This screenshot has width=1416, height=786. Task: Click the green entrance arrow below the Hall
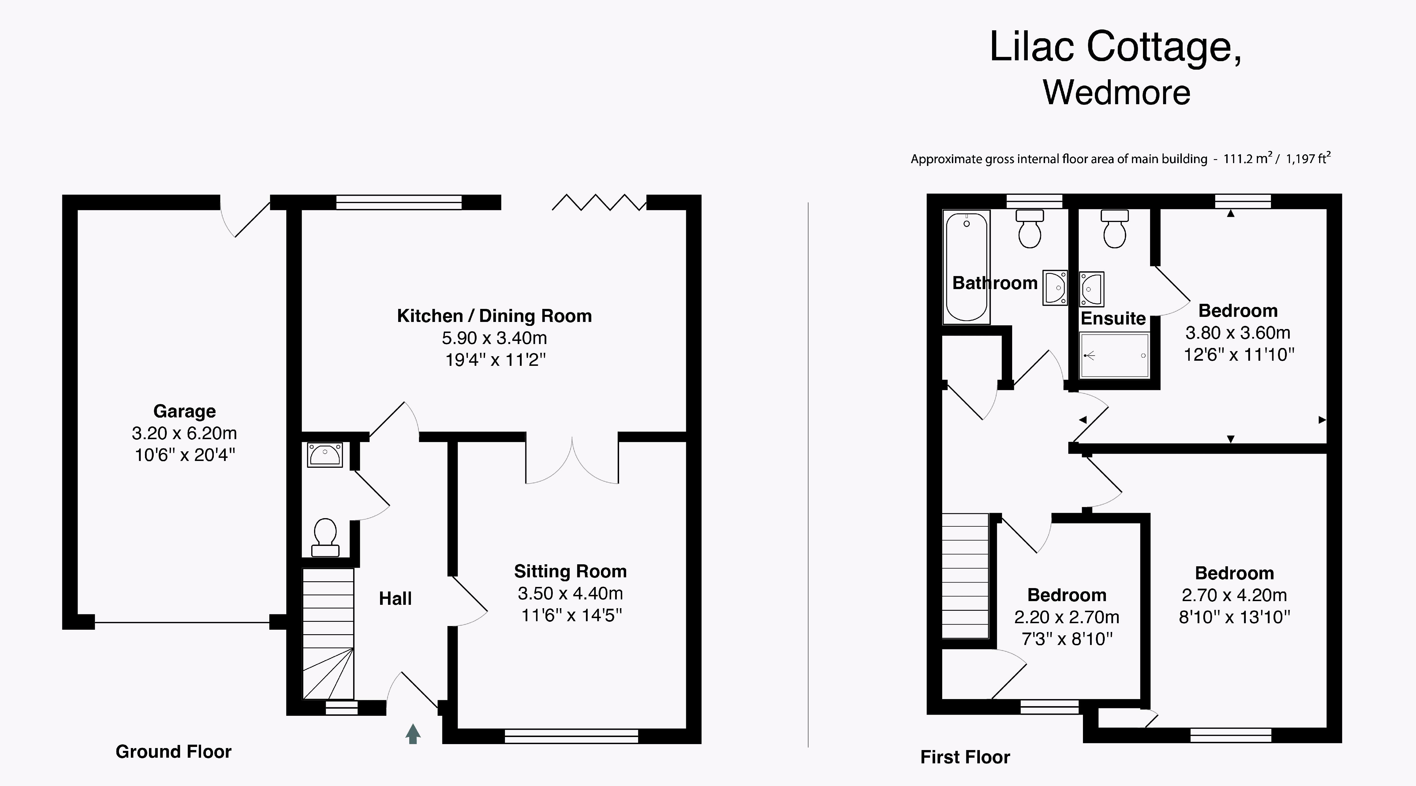tap(413, 734)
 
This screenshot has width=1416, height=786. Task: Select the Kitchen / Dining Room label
tap(494, 316)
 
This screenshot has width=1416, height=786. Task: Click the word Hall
tap(395, 599)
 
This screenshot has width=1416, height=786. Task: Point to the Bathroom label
tap(995, 283)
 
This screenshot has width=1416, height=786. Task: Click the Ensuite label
tap(1113, 318)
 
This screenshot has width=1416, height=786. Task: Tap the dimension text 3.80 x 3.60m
tap(1238, 332)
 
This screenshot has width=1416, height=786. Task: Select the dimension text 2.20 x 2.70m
tap(1067, 617)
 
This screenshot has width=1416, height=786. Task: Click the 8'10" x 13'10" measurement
tap(1234, 617)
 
